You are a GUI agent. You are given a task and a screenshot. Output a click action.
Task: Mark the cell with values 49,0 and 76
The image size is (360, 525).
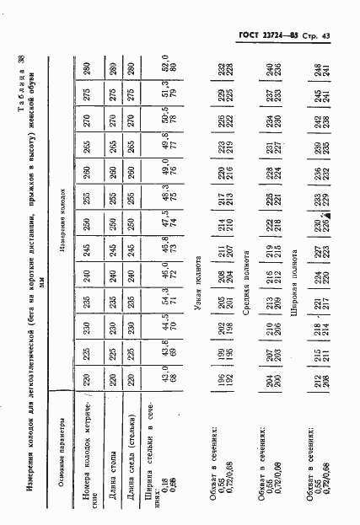[x=168, y=142]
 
